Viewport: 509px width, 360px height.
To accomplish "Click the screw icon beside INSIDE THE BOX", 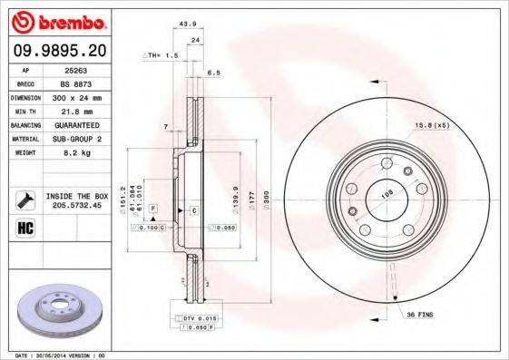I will coord(24,199).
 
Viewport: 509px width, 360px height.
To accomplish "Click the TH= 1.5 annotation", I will coord(162,56).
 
